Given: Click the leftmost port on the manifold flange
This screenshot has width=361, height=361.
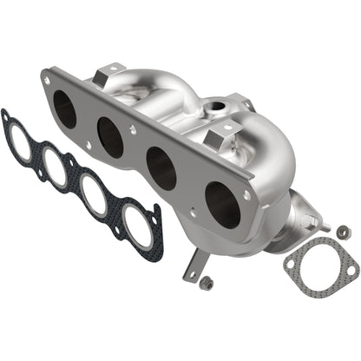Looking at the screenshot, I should click(66, 108).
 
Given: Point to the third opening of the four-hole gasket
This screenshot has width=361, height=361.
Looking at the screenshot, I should click(94, 196).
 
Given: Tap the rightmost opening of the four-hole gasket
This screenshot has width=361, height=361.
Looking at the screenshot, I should click(135, 225).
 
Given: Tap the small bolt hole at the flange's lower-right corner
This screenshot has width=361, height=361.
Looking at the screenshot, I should click(247, 196).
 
